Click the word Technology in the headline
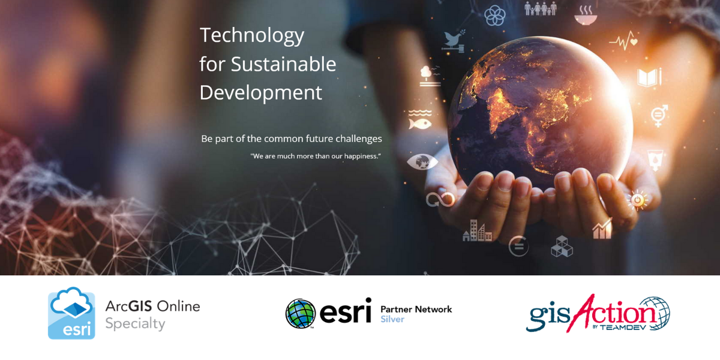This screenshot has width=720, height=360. [251, 36]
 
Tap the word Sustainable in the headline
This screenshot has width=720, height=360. [283, 64]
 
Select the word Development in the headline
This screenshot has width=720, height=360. [260, 93]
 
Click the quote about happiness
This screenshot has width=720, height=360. [316, 156]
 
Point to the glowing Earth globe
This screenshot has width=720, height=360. [541, 113]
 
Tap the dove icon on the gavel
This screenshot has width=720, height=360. [454, 41]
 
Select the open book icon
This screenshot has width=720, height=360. [649, 77]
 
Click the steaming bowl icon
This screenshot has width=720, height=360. [586, 15]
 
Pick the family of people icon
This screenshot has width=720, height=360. [541, 8]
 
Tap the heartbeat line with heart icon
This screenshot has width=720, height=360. [623, 41]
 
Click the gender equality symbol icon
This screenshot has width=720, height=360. [659, 115]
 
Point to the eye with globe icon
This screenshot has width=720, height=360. [422, 161]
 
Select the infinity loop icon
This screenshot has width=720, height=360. [440, 199]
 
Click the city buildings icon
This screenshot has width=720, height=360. [477, 230]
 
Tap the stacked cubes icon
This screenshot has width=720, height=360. [562, 247]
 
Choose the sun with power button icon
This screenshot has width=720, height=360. [638, 200]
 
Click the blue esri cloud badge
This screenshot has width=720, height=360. [71, 313]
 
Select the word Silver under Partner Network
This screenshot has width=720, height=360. [392, 319]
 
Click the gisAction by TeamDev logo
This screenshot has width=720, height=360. [598, 313]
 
